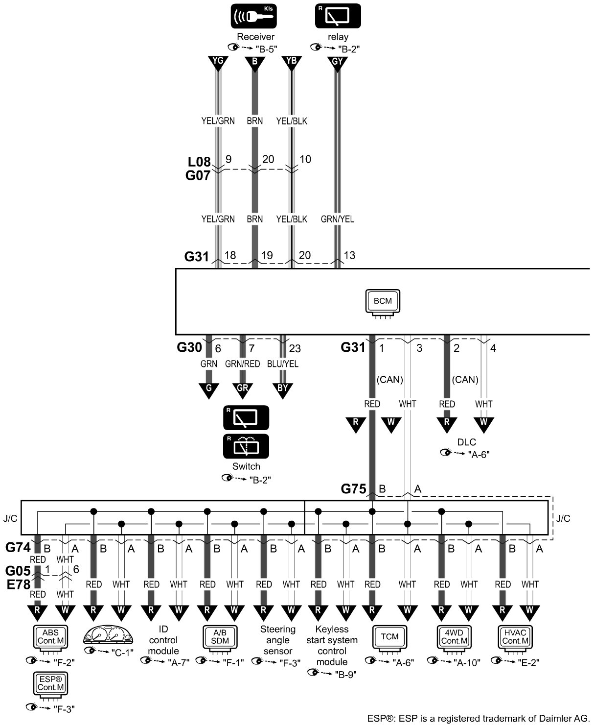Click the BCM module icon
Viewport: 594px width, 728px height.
click(383, 302)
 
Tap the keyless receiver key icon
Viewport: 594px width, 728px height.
click(254, 16)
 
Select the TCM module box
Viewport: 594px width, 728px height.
click(389, 638)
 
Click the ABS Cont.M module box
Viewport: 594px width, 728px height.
click(51, 638)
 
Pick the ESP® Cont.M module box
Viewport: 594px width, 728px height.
click(51, 684)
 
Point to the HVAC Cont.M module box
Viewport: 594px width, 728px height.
click(514, 638)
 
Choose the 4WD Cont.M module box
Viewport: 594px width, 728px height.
click(453, 638)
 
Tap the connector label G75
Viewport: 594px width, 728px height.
click(353, 489)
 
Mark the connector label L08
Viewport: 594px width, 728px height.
click(199, 162)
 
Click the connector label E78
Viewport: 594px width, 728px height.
click(18, 584)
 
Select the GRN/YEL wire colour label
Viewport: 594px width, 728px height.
click(337, 219)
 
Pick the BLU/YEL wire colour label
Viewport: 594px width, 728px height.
click(282, 364)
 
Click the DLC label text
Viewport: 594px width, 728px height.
click(466, 442)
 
